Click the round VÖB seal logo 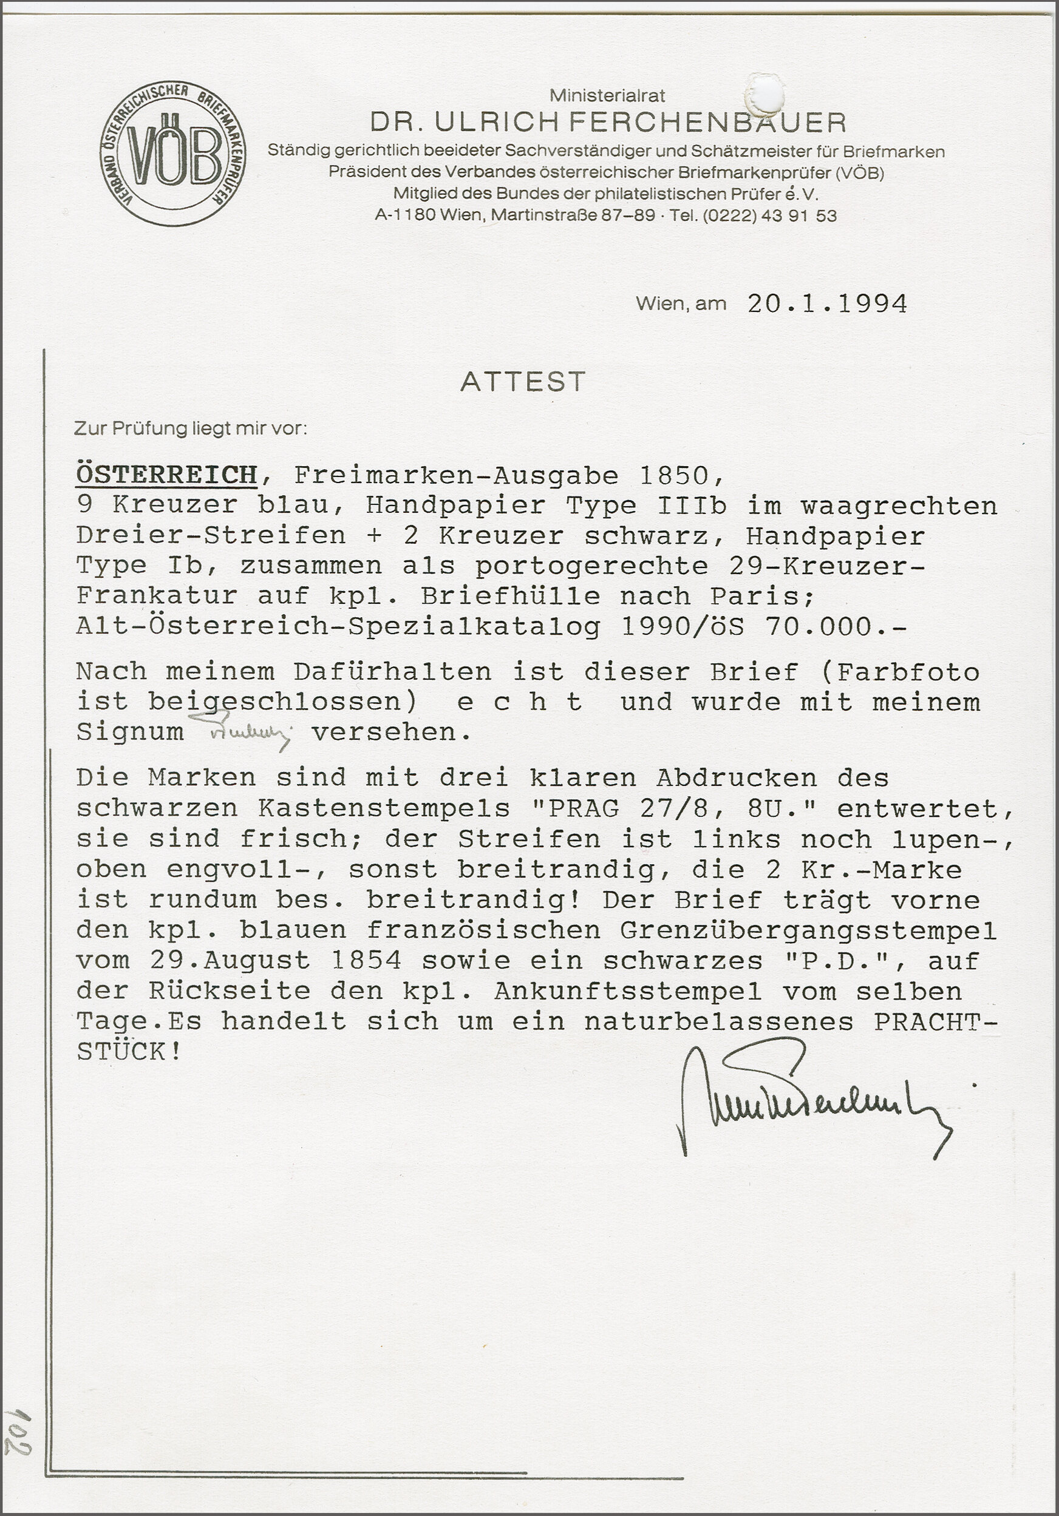173,155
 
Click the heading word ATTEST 523,382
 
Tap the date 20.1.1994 826,303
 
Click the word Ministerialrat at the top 607,96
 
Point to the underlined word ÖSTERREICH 166,475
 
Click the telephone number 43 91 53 799,216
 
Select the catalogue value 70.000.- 836,626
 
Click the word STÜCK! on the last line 129,1052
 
